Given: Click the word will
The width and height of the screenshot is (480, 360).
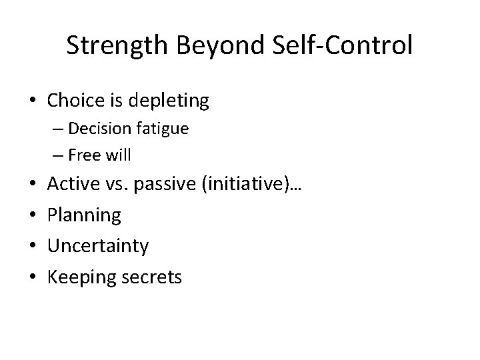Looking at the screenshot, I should (x=118, y=155).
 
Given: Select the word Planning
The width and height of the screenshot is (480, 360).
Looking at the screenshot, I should (x=84, y=215).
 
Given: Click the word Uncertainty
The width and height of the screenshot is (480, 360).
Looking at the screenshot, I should (x=98, y=245).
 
